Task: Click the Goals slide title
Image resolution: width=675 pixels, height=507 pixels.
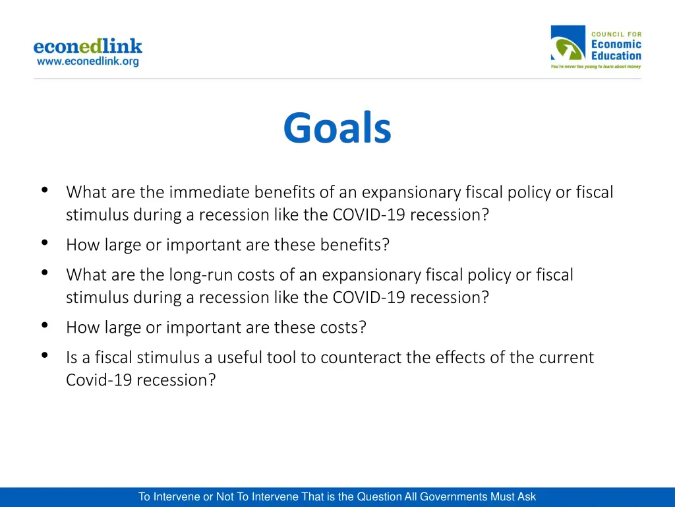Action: pos(337,128)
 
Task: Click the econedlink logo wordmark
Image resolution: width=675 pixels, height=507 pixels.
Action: pos(88,47)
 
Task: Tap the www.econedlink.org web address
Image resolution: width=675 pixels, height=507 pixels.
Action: pos(88,61)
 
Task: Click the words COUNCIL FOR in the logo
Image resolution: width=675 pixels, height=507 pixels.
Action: pos(616,34)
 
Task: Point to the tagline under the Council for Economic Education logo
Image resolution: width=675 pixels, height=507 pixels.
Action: pos(595,67)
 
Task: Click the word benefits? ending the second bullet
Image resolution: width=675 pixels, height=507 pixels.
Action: pos(355,245)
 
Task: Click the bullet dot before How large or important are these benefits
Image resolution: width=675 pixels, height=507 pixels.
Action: pos(44,242)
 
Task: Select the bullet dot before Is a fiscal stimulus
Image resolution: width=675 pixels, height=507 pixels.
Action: pos(44,355)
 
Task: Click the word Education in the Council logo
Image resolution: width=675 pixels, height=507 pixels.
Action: pos(616,56)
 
